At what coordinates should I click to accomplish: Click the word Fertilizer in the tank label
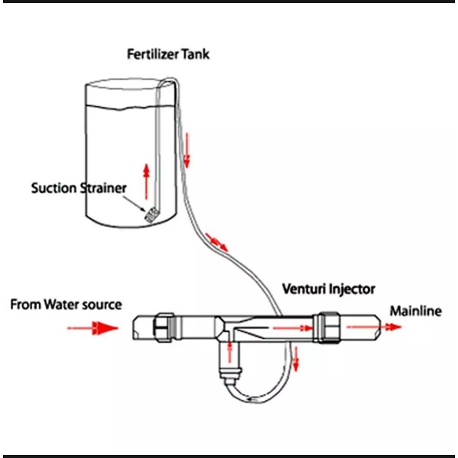[153, 55]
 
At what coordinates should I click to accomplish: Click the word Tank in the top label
[195, 55]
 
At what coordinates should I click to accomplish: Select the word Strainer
[102, 188]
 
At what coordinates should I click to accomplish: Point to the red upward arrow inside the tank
[146, 181]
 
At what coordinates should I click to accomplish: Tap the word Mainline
[416, 311]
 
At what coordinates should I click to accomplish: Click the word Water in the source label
[62, 305]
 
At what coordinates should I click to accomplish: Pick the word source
[102, 305]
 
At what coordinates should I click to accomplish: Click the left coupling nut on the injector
[165, 327]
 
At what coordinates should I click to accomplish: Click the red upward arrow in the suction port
[230, 352]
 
